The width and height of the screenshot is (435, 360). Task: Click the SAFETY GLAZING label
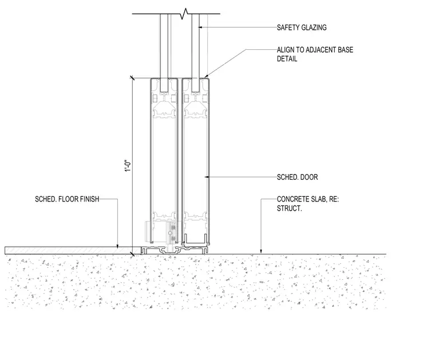[x=302, y=27]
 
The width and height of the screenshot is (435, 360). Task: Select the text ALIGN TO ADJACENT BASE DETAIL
[x=315, y=54]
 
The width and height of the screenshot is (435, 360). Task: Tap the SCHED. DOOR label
[x=298, y=177]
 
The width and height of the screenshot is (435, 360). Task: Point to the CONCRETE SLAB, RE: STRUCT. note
[x=308, y=204]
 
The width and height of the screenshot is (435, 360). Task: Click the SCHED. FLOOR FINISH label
[x=67, y=199]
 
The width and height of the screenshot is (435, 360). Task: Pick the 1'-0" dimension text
[x=128, y=165]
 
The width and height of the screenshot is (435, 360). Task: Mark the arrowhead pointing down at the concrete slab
[x=261, y=251]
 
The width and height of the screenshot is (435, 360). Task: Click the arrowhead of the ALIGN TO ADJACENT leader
[x=205, y=76]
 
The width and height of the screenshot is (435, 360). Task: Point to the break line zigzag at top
[x=184, y=14]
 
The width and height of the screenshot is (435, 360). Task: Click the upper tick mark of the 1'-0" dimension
[x=132, y=78]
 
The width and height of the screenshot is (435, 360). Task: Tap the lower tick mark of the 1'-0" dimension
[x=132, y=254]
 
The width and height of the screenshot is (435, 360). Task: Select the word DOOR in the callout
[x=309, y=177]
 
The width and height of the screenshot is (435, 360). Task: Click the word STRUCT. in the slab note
[x=289, y=208]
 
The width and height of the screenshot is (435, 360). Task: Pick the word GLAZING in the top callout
[x=314, y=27]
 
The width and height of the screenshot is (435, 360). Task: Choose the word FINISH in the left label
[x=90, y=199]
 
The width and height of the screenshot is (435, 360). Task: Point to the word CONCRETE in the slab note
[x=291, y=199]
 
